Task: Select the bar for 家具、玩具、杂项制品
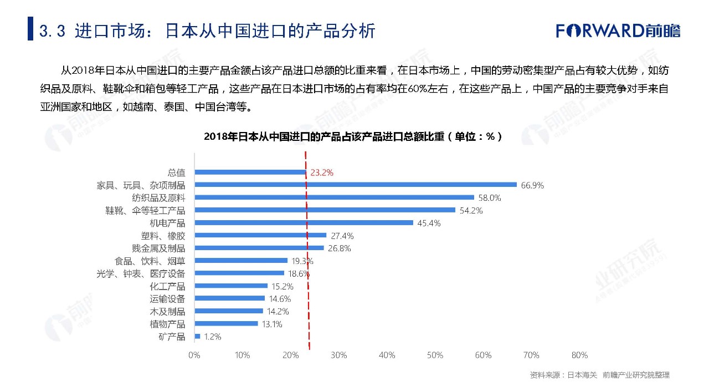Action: point(355,185)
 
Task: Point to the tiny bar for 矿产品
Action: point(197,336)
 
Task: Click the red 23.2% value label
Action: point(322,172)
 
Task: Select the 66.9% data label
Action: point(532,185)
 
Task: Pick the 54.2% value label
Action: point(471,211)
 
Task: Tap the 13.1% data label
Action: point(271,324)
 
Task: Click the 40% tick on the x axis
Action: point(387,355)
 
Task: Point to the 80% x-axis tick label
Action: point(579,355)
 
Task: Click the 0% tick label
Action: point(194,355)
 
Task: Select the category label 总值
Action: point(176,172)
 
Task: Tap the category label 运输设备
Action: point(167,299)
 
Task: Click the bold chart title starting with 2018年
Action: point(353,136)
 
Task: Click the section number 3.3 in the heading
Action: point(53,31)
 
